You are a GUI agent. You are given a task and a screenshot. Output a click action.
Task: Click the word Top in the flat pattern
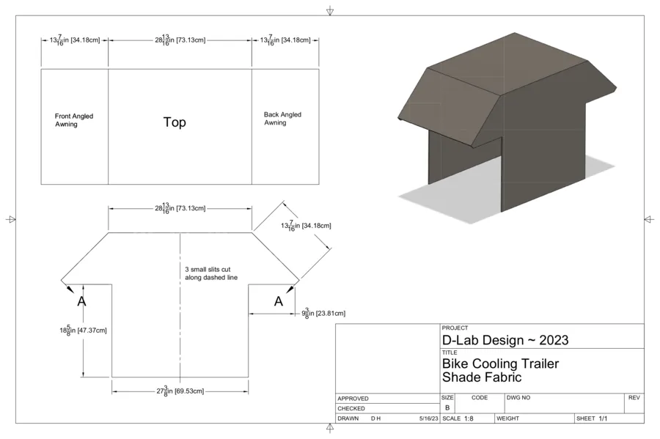(x=175, y=122)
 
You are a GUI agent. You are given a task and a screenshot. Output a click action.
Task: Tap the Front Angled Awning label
(x=73, y=120)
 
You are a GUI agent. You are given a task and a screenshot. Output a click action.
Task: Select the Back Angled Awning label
(x=282, y=119)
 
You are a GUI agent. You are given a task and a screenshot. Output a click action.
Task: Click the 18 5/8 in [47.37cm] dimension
(x=83, y=331)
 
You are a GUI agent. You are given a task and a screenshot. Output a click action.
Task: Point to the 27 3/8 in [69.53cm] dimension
(x=180, y=391)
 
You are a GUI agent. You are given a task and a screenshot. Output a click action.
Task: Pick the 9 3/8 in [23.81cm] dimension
(x=323, y=313)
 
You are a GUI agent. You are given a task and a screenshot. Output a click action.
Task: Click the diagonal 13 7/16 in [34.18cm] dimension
(x=306, y=226)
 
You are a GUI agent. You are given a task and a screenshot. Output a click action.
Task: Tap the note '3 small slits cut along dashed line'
(x=211, y=273)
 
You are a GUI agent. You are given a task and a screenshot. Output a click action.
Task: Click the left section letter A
(x=81, y=301)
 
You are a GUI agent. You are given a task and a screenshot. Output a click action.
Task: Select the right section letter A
(x=278, y=301)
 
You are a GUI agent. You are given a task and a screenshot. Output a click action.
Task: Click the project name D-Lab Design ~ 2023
(x=505, y=340)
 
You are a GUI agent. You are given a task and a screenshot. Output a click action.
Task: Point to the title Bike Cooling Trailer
(x=500, y=364)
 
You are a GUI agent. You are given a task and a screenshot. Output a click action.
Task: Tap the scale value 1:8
(x=469, y=418)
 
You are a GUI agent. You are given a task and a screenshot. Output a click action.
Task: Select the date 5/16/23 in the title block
(x=428, y=418)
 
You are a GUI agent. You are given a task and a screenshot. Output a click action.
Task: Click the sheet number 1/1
(x=603, y=418)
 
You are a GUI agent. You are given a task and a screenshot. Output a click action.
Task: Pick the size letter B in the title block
(x=447, y=407)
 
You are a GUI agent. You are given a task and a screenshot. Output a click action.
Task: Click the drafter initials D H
(x=376, y=418)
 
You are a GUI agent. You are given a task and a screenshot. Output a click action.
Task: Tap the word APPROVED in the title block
(x=353, y=398)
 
